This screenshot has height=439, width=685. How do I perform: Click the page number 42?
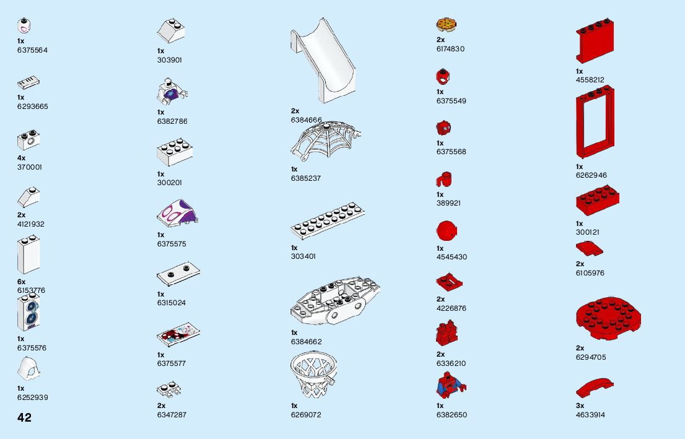pyautogui.click(x=24, y=417)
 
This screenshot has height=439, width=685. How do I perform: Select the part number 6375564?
pyautogui.click(x=32, y=50)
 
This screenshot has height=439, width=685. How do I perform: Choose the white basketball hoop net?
pyautogui.click(x=313, y=375)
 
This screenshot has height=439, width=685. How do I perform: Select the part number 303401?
pyautogui.click(x=303, y=256)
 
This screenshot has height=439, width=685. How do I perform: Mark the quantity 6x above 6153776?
pyautogui.click(x=22, y=282)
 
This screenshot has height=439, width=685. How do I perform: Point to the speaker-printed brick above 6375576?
pyautogui.click(x=28, y=313)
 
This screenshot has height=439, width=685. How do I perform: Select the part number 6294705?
pyautogui.click(x=591, y=357)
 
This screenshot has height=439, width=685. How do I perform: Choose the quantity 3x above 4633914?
pyautogui.click(x=580, y=406)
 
